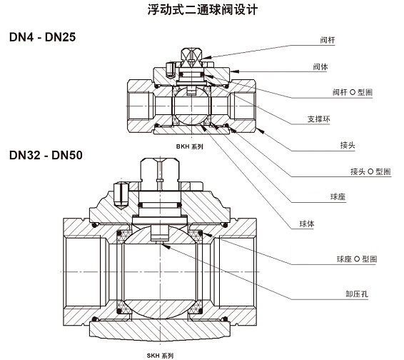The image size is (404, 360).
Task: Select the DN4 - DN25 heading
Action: (41, 37)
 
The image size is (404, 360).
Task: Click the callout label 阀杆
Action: (328, 40)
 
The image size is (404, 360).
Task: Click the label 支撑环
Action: (330, 118)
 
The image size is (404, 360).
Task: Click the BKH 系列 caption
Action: (190, 146)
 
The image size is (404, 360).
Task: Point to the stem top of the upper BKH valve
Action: (191, 54)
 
